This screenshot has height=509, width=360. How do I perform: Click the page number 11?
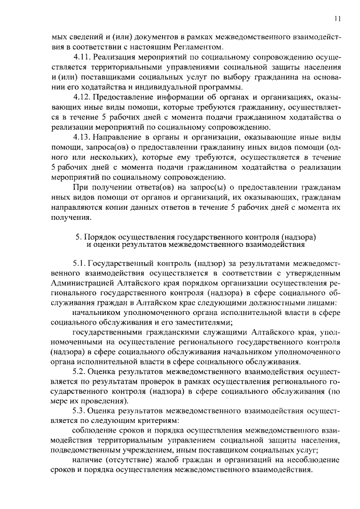(x=337, y=18)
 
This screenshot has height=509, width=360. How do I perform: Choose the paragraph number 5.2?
(x=80, y=372)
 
